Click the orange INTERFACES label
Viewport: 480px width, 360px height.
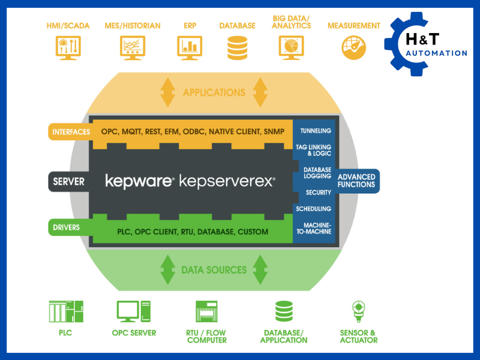tap(70, 131)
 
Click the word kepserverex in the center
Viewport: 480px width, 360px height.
tap(227, 181)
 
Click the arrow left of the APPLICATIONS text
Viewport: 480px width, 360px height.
tap(166, 92)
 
